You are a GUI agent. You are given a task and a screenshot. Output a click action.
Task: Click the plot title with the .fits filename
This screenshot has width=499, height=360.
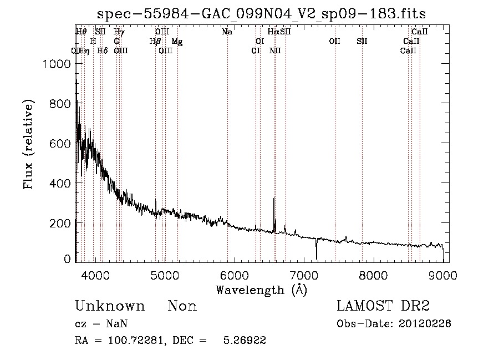[262, 14]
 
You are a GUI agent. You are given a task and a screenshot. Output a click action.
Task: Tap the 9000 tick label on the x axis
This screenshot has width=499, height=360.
[442, 274]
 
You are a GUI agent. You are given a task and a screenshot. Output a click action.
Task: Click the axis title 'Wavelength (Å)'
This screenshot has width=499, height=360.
[261, 289]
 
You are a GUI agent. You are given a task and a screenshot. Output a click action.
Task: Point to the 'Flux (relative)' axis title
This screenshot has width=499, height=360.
[29, 144]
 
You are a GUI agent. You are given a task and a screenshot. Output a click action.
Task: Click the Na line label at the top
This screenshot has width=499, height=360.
[227, 32]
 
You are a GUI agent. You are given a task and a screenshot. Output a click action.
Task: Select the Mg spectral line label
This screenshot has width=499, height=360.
[177, 42]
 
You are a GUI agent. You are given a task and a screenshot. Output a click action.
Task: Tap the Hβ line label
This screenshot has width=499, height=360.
[155, 42]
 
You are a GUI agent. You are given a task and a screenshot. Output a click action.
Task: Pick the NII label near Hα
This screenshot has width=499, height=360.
[275, 51]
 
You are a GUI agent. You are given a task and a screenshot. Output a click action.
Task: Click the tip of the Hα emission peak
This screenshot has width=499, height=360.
[274, 197]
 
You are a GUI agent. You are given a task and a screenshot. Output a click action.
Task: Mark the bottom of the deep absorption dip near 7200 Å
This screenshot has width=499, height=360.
[317, 258]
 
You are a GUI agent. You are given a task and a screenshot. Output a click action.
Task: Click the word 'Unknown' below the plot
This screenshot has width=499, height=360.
[110, 306]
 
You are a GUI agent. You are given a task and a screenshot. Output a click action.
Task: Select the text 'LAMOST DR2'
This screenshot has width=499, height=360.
[383, 306]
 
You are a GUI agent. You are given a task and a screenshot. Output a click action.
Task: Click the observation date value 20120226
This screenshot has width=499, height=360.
[425, 324]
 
